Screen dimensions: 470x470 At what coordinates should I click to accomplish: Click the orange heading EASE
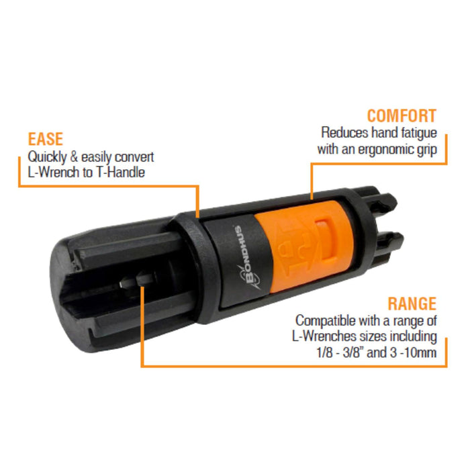[x=45, y=139]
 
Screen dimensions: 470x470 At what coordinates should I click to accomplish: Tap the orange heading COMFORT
[x=402, y=115]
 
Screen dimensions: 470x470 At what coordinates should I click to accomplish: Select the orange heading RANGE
[x=412, y=303]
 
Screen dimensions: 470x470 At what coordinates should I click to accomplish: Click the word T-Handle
[x=120, y=172]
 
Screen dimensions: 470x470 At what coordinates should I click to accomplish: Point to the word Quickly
[x=47, y=157]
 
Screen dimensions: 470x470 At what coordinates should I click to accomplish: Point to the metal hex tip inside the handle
[x=137, y=280]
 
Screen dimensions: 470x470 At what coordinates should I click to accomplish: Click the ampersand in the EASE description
[x=74, y=157]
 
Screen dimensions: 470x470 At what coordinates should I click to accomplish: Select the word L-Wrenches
[x=324, y=336]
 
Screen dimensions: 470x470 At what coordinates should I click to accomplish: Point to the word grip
[x=430, y=150]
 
